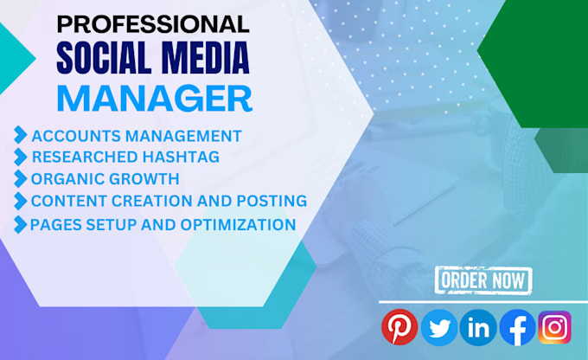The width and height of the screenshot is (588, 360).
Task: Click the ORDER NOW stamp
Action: [x=483, y=280]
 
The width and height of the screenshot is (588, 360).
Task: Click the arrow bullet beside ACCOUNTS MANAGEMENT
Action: [x=20, y=135]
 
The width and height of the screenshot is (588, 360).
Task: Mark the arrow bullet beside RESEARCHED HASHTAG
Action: [x=20, y=157]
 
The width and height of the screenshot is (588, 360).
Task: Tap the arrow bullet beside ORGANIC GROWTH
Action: [x=20, y=180]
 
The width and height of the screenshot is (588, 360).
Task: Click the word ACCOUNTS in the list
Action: [x=70, y=136]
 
